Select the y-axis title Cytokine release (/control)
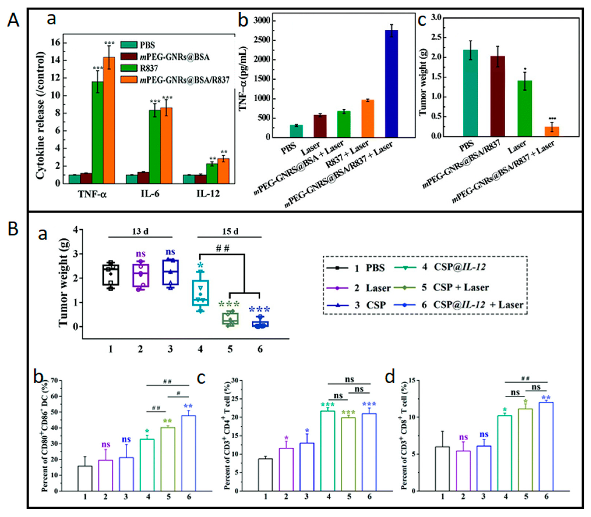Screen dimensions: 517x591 pyautogui.click(x=41, y=115)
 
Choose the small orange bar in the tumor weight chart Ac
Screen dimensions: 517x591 pyautogui.click(x=552, y=131)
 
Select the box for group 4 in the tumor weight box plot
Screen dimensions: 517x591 pyautogui.click(x=200, y=292)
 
